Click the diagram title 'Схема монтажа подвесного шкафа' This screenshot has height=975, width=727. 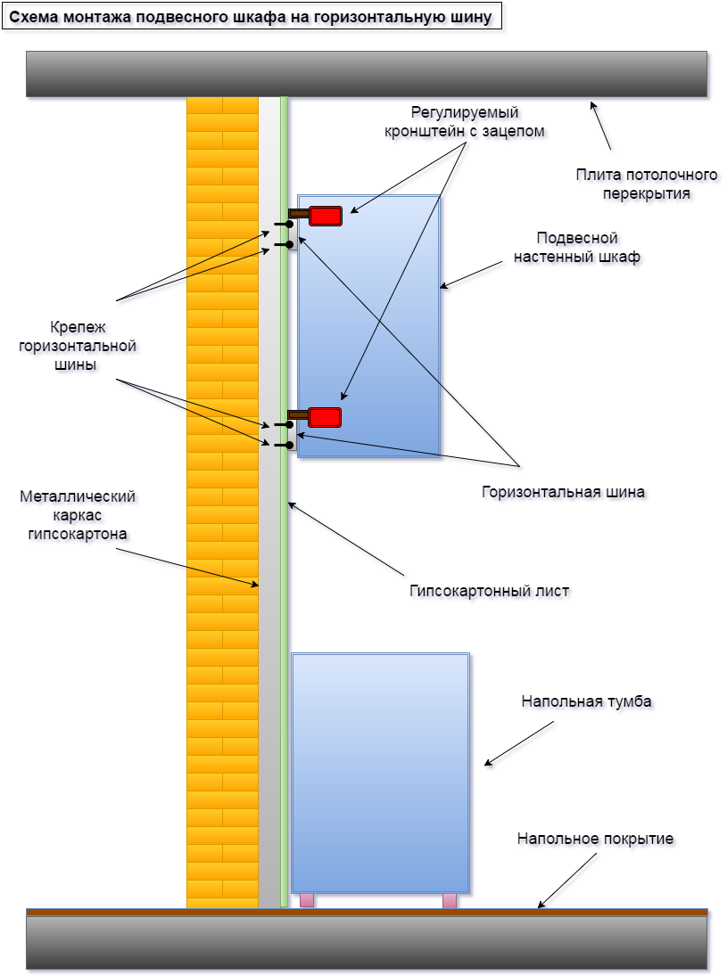coord(251,17)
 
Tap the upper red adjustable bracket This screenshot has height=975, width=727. coord(326,215)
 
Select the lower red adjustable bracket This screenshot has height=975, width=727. coord(324,416)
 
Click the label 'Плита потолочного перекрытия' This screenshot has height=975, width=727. coord(633,183)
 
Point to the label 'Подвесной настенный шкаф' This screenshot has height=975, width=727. coord(577,248)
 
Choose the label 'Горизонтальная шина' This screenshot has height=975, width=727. coord(563,491)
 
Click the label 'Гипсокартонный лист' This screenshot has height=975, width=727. coord(489,590)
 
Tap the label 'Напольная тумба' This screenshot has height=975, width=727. coord(586,701)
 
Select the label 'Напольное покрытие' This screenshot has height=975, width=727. coord(595,839)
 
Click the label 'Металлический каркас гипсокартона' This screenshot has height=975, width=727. coord(78,515)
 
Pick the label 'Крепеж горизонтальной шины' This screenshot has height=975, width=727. coord(78,346)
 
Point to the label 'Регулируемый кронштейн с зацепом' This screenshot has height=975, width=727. coord(464,121)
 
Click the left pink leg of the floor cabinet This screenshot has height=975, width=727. coord(307,900)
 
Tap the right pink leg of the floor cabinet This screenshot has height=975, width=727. coord(450,900)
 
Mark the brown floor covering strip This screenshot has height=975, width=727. coord(367,912)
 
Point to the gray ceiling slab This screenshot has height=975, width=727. coord(367,73)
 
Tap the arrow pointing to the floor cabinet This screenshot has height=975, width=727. coord(516,743)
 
